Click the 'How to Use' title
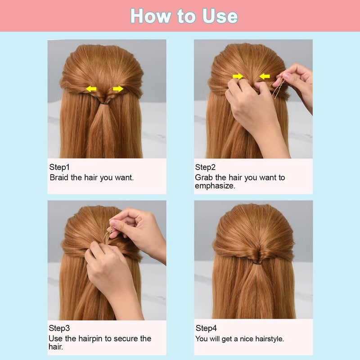pos(184,16)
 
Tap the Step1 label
pos(59,167)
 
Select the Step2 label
pos(205,167)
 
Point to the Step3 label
pos(59,328)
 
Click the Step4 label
pos(206,328)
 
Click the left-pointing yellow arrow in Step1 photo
pos(91,89)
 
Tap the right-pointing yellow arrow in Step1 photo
pos(118,89)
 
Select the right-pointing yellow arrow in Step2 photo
pos(238,76)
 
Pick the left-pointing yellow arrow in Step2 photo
pos(265,76)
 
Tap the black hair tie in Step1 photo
pos(105,103)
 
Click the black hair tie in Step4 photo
pos(255,262)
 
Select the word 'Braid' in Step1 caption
pos(59,178)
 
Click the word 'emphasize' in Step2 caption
pos(215,185)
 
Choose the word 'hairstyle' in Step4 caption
pos(267,339)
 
